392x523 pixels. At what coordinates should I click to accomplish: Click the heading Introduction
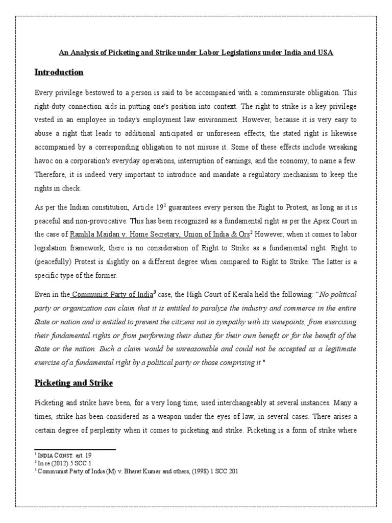(59, 73)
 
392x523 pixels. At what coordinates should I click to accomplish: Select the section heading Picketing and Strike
(73, 383)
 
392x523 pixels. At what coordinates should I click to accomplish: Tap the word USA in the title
(326, 53)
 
